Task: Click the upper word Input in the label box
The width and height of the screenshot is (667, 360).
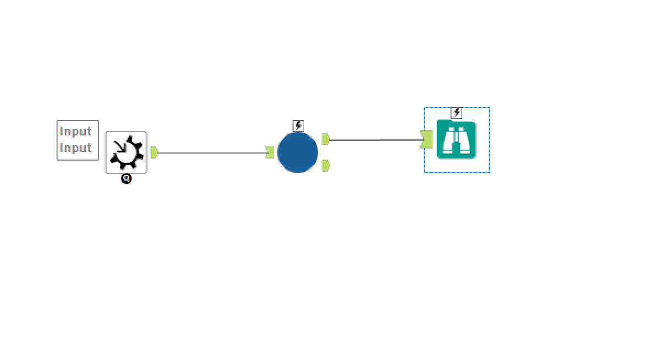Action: coord(75,132)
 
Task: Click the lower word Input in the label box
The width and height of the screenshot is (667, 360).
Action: coord(75,148)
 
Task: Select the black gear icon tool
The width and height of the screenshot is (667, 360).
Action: coord(126,152)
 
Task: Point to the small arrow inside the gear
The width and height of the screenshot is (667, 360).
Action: coord(120,146)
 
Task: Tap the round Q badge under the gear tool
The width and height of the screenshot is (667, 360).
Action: coord(127,179)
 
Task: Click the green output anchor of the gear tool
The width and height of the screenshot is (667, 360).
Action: coord(154,152)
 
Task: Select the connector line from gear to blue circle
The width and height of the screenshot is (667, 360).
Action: coord(212,153)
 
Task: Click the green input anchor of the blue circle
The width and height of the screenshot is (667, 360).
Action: coord(270,152)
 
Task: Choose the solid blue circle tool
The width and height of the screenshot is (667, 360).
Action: coord(298,152)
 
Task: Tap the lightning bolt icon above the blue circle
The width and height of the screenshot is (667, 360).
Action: coord(298,126)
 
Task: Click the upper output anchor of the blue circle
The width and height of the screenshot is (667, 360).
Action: coord(326,139)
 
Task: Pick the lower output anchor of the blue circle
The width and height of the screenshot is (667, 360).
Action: coord(326,166)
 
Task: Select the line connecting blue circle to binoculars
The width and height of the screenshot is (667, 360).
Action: coord(375,139)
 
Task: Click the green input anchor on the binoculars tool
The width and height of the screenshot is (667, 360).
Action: coord(427,139)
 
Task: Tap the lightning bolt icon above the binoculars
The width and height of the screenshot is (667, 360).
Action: coord(457,113)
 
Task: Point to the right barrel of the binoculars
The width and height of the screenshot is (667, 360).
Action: coord(464,140)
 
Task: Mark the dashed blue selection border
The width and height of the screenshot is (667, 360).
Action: coord(425,139)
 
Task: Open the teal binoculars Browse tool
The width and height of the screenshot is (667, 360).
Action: coord(456,139)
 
